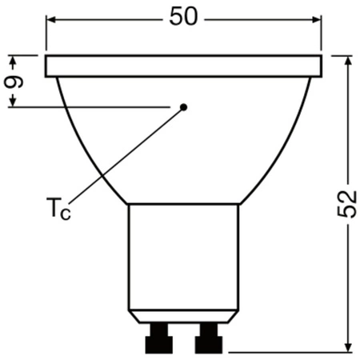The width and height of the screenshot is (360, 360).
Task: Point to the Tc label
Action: point(57,212)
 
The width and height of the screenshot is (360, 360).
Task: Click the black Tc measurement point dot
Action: point(183,106)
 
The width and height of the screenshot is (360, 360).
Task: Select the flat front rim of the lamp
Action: point(184,66)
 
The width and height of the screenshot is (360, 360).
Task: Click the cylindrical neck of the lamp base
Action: point(184,256)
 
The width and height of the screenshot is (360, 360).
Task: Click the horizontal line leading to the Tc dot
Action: point(96,106)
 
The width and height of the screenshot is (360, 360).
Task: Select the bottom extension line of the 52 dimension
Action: point(288,351)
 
